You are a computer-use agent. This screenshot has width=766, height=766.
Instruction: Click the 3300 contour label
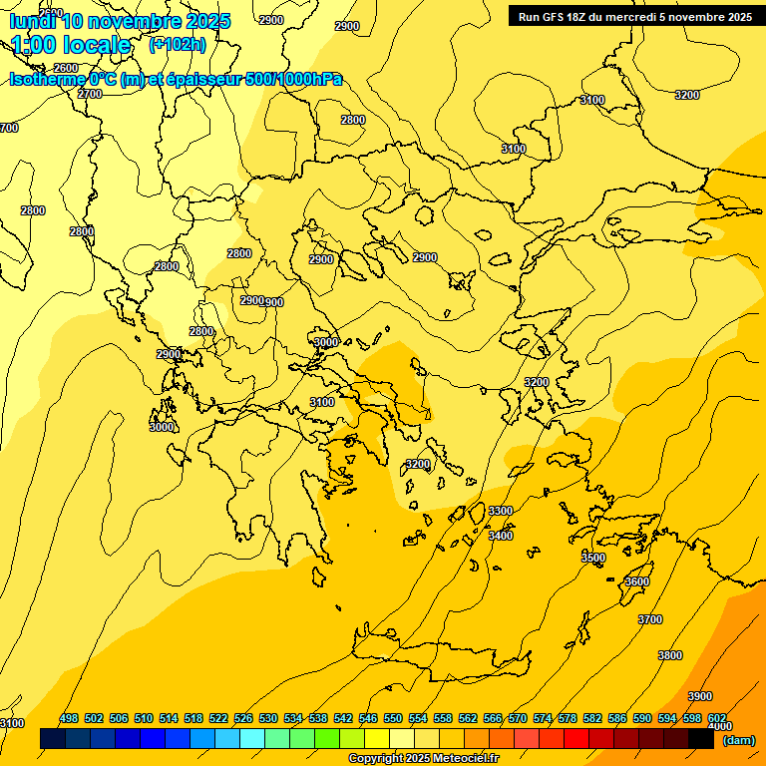[501, 511]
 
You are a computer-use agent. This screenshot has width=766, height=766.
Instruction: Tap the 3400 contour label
[501, 536]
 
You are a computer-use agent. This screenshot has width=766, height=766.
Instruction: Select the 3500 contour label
[593, 558]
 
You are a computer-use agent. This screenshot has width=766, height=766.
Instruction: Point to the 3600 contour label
[637, 581]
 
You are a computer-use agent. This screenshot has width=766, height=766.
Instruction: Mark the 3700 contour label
[649, 619]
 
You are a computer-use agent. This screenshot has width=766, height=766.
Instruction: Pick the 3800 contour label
[670, 655]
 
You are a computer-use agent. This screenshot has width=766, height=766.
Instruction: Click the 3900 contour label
[700, 696]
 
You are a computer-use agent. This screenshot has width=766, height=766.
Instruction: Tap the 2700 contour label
[90, 94]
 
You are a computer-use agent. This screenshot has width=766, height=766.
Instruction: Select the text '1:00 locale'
[71, 45]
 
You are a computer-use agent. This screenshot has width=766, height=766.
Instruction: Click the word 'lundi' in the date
[33, 21]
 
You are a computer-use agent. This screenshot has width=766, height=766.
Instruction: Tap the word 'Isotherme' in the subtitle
[46, 80]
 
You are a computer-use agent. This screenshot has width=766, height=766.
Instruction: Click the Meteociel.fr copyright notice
[423, 758]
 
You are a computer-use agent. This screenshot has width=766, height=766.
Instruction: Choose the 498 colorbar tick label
[69, 718]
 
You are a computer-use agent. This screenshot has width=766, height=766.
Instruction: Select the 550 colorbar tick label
[393, 718]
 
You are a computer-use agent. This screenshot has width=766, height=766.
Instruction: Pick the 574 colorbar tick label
[543, 718]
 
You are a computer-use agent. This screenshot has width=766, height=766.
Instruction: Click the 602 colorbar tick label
[717, 718]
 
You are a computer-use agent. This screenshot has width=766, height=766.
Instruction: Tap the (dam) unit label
[738, 740]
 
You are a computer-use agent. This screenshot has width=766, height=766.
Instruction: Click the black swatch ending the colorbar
[701, 739]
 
